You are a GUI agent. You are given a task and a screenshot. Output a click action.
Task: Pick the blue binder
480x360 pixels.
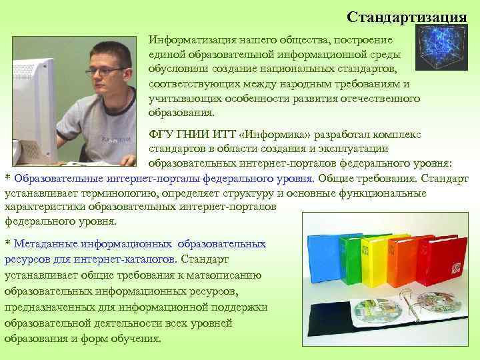tap(325, 267)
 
